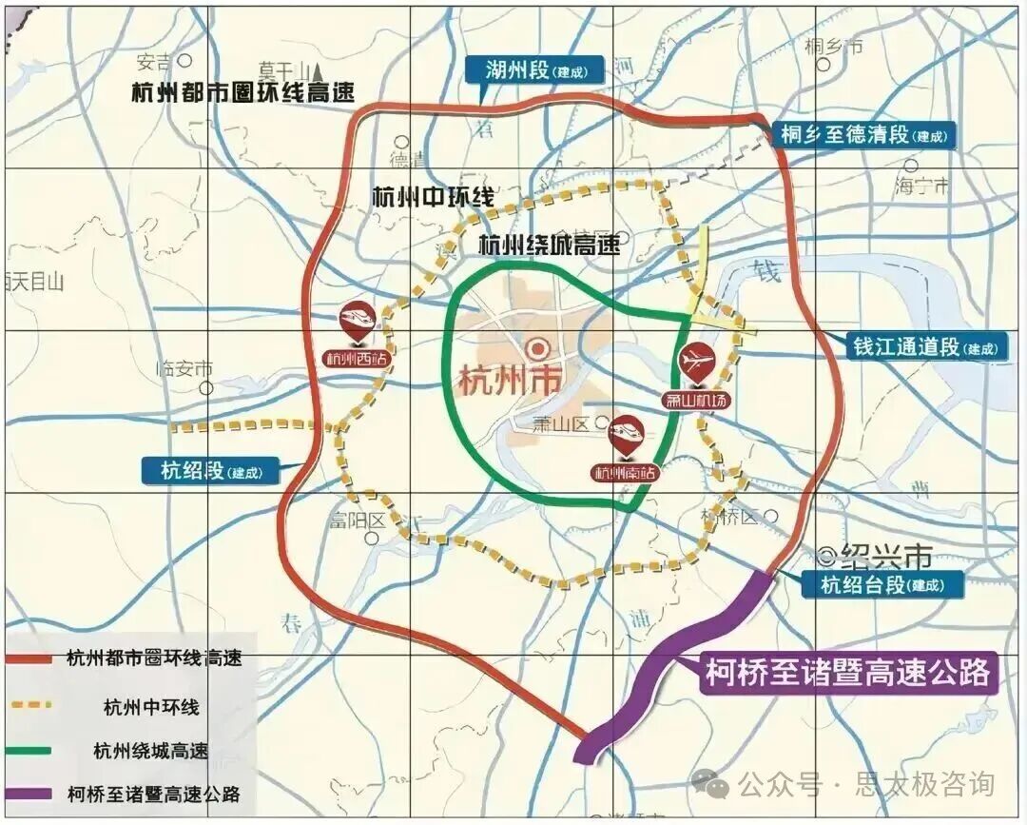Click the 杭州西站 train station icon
pyautogui.click(x=359, y=318)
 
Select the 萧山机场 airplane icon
pyautogui.click(x=695, y=361)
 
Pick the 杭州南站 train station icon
pyautogui.click(x=630, y=435)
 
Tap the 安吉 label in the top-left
pyautogui.click(x=153, y=63)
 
